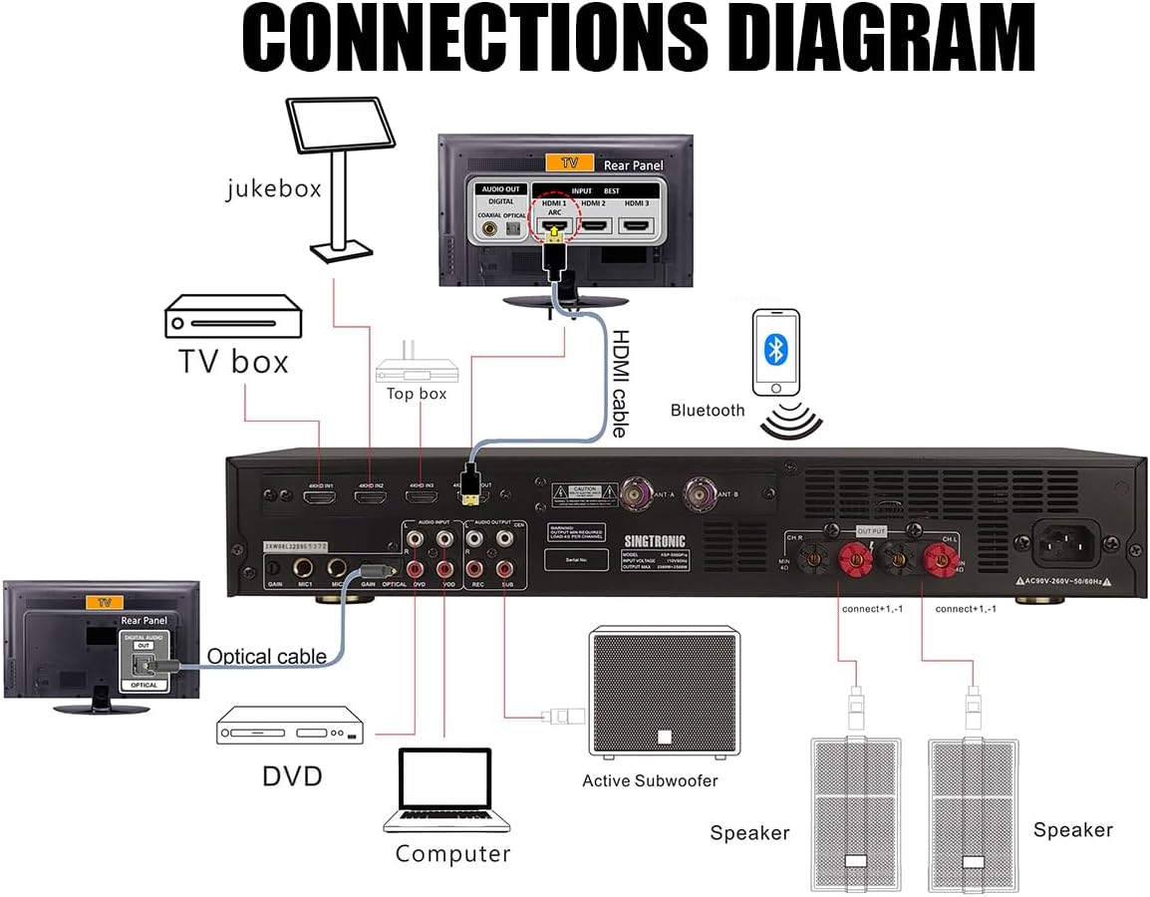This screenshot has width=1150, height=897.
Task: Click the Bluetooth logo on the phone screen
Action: point(776,349)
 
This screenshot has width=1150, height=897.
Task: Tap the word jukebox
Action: point(273,187)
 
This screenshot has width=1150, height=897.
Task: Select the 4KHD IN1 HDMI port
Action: point(319,493)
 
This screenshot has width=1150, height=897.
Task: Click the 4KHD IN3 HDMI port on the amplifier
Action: point(422,494)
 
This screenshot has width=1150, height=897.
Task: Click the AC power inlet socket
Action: point(1068,543)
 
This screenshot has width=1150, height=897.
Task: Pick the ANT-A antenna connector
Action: point(634,491)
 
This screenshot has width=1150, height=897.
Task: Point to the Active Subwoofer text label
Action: point(650,780)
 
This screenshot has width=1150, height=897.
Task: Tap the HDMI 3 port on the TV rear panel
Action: point(636,225)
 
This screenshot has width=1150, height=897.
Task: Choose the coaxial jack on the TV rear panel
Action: point(488,228)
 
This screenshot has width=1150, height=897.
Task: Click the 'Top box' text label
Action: point(417,394)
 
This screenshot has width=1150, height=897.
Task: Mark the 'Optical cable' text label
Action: point(266,656)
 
